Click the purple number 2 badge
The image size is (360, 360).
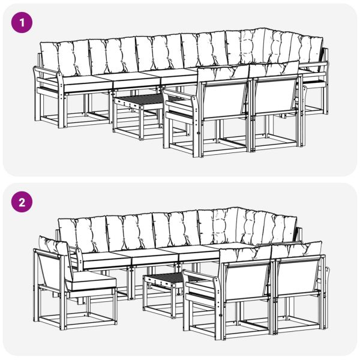(x=22, y=202)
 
